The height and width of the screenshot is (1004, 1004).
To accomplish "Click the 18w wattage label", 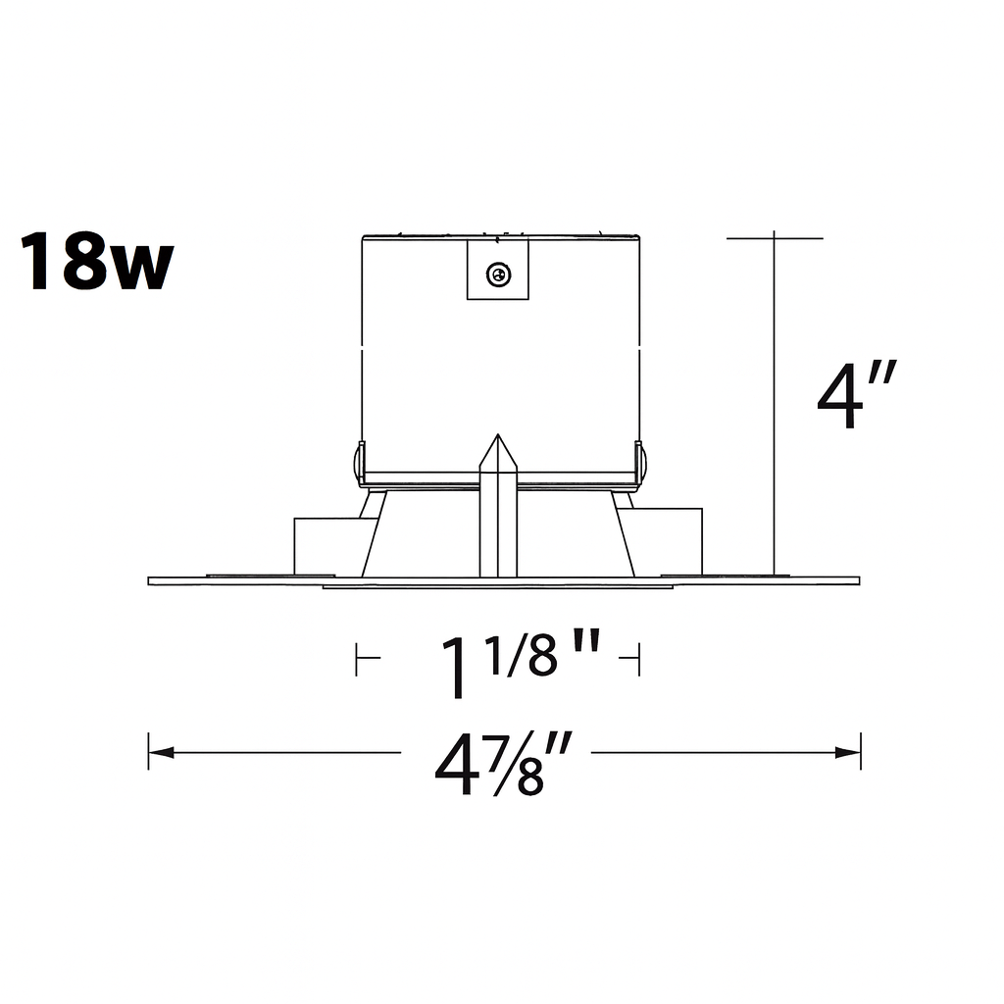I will coord(96,262).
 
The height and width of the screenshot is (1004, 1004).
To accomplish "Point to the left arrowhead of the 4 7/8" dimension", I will coord(160,753).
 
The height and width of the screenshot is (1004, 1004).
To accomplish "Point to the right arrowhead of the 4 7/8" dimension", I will coord(849,753).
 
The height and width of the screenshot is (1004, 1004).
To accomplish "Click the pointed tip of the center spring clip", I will coord(498,437).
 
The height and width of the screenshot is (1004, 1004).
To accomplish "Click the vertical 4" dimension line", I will coord(775,412).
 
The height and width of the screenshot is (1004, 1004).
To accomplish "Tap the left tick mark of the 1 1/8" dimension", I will coord(358,660).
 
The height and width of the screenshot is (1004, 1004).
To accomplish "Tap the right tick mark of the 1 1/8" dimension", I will coord(638,660).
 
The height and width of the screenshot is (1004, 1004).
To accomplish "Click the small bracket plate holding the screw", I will coord(498,271).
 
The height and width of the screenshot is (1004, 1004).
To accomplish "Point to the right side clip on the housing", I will coord(640,465).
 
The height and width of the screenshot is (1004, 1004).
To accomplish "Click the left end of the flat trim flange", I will coord(153,580).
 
